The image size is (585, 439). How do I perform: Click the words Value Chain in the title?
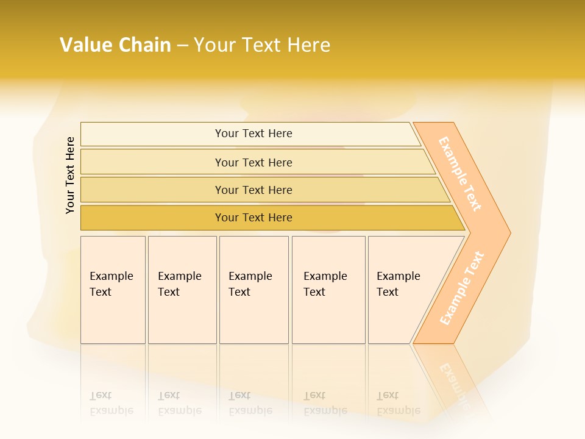(115, 45)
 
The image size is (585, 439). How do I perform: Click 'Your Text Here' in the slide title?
(262, 45)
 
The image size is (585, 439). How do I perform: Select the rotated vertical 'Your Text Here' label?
(70, 175)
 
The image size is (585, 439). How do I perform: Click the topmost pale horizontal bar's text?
(253, 134)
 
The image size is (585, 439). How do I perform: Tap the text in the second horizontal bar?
(253, 163)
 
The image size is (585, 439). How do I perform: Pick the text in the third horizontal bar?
(253, 190)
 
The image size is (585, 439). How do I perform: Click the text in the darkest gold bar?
(253, 218)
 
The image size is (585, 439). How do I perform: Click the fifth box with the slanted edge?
(399, 284)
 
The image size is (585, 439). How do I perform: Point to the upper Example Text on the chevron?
(461, 173)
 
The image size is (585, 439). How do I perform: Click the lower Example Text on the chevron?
(462, 288)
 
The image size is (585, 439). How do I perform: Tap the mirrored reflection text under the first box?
(112, 403)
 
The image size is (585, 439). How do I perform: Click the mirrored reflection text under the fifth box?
(399, 403)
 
